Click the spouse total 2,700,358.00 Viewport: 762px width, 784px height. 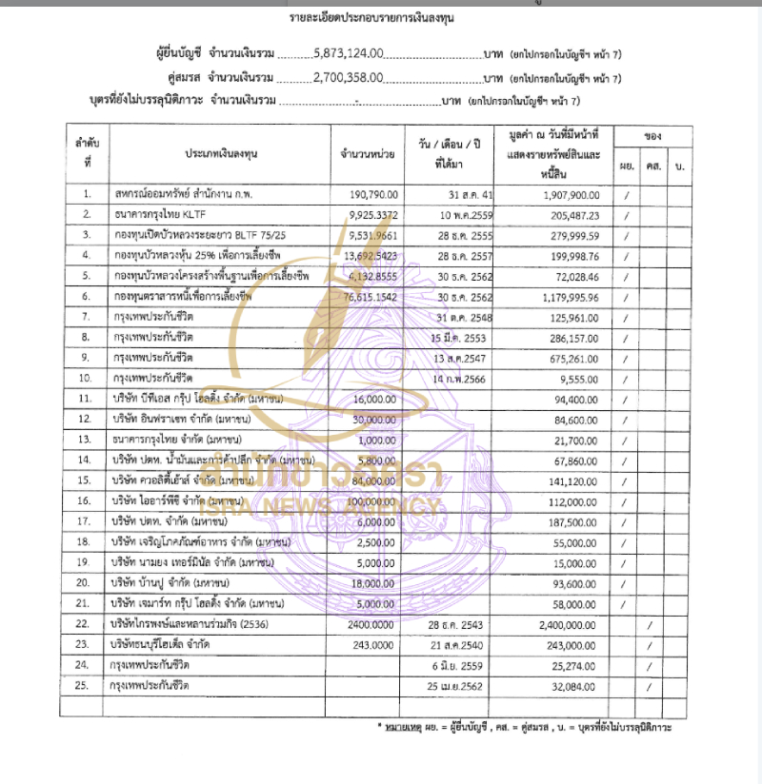click(349, 78)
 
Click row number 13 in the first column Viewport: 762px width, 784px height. click(86, 441)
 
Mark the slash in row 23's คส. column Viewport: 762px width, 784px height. click(650, 645)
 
